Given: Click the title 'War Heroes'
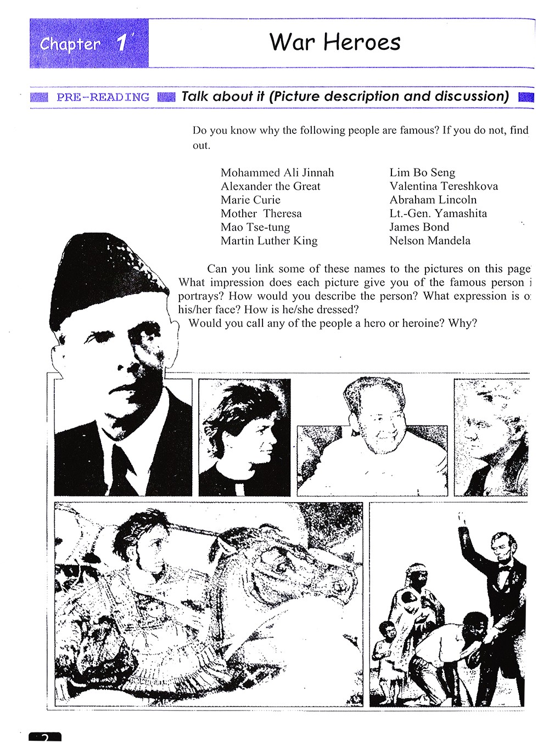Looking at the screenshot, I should [x=335, y=42].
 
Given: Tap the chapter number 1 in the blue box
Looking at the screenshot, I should [x=122, y=43].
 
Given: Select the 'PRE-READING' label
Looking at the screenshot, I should [x=103, y=98].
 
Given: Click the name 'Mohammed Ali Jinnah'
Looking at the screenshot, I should [x=277, y=173].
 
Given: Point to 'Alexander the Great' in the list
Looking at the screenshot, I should [x=270, y=187].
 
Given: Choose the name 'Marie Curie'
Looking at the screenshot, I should [x=250, y=200].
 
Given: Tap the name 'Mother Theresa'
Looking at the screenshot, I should [x=261, y=213].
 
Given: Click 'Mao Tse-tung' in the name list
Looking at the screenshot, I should [x=255, y=227].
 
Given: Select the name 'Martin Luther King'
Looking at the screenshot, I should [x=269, y=241].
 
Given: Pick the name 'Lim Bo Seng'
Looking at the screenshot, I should [x=422, y=173].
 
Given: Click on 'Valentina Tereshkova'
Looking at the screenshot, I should [x=444, y=187].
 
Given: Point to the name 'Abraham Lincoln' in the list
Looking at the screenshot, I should [x=433, y=200].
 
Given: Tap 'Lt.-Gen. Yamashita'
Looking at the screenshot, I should [x=438, y=213].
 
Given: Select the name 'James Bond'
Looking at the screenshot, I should [x=419, y=227].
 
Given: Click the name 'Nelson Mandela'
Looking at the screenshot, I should [x=429, y=241].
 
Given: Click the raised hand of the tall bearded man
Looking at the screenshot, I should [x=460, y=519].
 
